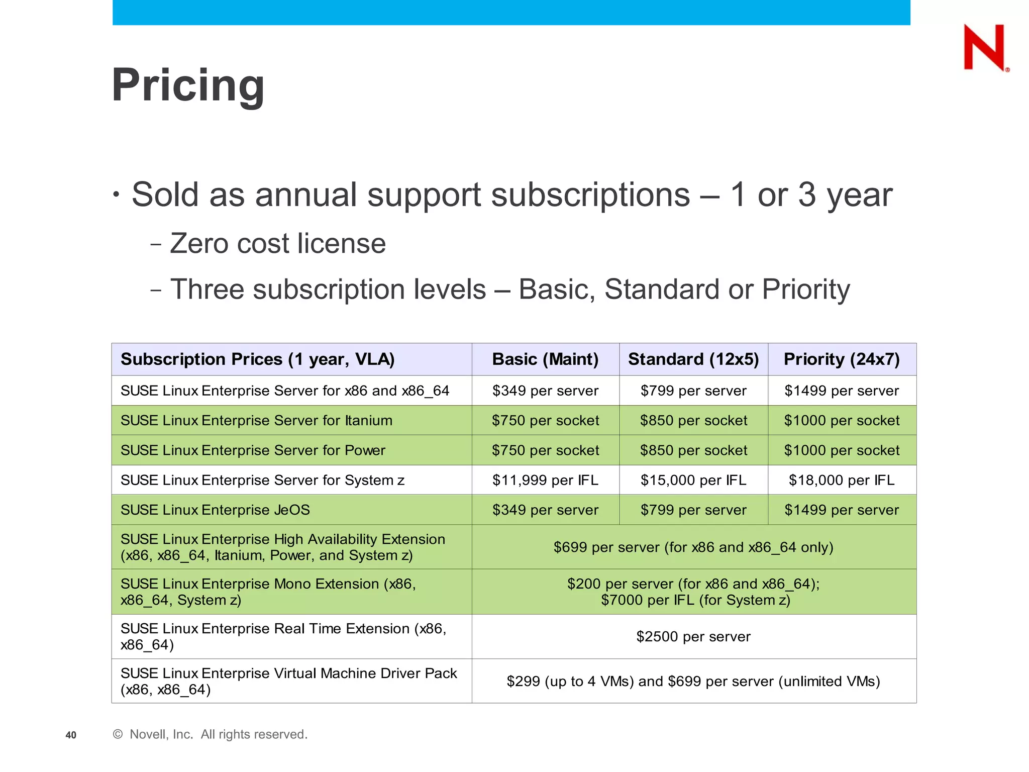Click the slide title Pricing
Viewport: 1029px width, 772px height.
(188, 85)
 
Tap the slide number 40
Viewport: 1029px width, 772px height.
(71, 735)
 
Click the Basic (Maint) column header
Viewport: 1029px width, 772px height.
(545, 359)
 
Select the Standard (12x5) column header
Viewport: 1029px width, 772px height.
(693, 359)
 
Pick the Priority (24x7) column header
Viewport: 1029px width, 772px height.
(842, 359)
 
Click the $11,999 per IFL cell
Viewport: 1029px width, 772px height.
(545, 480)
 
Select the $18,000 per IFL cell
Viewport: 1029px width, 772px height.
(842, 480)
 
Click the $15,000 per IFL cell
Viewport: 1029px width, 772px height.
(693, 480)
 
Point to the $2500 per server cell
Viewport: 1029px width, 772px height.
(693, 637)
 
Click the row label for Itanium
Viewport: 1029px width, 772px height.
(256, 420)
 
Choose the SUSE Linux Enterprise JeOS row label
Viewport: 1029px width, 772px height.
(215, 510)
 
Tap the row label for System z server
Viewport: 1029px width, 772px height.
(262, 480)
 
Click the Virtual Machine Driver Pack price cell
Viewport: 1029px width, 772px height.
(693, 682)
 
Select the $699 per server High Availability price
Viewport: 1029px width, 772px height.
(693, 547)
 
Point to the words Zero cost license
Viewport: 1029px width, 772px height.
(277, 244)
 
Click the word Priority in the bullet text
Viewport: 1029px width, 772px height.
(805, 289)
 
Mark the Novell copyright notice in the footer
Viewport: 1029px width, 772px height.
(210, 735)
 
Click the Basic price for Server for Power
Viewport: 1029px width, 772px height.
(545, 450)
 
